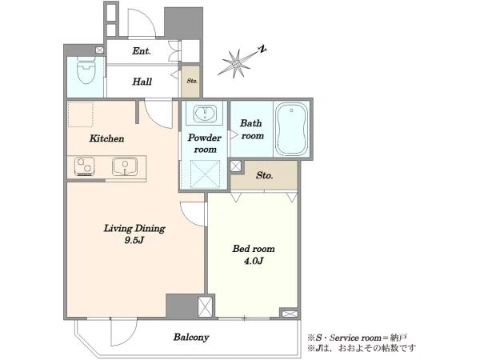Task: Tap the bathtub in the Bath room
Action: tap(291, 130)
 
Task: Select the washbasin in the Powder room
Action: tap(205, 113)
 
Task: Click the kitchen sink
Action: tap(125, 166)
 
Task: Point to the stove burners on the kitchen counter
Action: tap(84, 166)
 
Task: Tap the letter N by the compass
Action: tap(262, 49)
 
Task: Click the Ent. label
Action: tap(142, 51)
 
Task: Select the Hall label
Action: tap(142, 82)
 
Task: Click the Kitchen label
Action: tap(107, 138)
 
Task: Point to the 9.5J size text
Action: tap(134, 240)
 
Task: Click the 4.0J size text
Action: tap(254, 261)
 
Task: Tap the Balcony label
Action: tap(191, 337)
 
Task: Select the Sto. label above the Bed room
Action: tap(265, 175)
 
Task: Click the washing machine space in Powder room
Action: tap(205, 174)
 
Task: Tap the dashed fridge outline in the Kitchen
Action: tap(80, 114)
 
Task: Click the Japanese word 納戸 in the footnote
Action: tap(398, 338)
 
